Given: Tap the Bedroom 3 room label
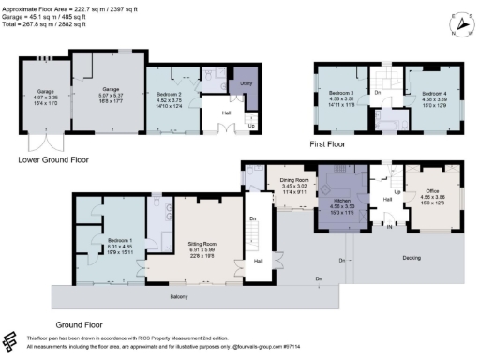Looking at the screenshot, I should pos(339,94).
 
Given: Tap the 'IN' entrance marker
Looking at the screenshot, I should pos(389,226).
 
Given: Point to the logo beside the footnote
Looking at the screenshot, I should pos(10,340).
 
